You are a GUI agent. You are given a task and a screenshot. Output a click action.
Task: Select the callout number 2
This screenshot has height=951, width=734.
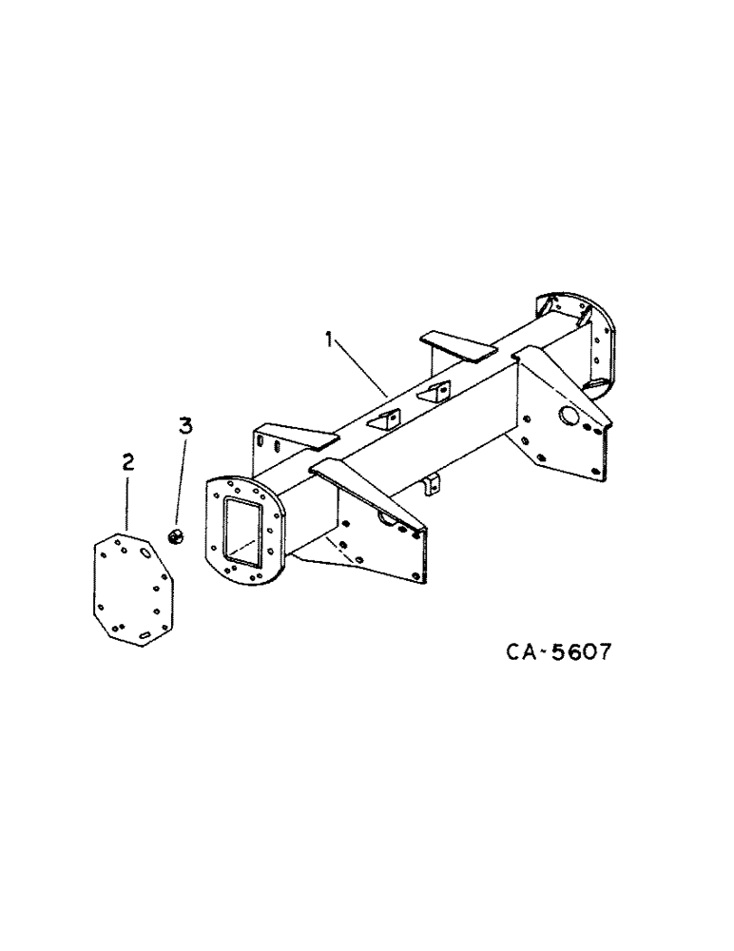pos(127,463)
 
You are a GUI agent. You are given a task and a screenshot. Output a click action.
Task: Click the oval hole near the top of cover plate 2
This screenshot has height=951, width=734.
pos(145,551)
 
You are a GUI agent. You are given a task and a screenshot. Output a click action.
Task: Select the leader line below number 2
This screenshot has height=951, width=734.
pos(127,504)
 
